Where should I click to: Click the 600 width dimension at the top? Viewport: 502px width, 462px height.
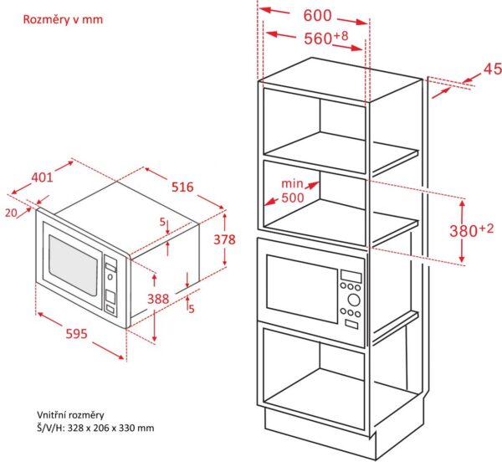(317, 15)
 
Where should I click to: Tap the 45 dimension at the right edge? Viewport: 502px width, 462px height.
(493, 69)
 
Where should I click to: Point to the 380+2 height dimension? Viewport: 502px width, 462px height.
(472, 230)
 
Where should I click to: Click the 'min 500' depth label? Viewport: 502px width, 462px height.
(293, 191)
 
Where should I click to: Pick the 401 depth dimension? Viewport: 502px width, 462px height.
(42, 177)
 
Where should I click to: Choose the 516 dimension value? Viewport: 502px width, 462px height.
(182, 187)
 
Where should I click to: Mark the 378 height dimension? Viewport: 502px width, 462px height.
(224, 239)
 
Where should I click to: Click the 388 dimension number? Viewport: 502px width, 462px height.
(158, 299)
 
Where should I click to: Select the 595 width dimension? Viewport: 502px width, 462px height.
(76, 334)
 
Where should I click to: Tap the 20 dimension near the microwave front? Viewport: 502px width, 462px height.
(11, 213)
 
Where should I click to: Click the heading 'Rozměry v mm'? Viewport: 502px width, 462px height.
(63, 19)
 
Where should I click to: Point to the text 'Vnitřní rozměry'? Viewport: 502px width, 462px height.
(70, 415)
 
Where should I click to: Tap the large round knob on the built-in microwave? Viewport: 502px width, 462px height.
(354, 300)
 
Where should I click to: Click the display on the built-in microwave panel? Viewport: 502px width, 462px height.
(351, 277)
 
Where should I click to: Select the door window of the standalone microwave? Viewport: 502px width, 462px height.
(73, 266)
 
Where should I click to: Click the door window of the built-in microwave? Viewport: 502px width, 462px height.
(302, 289)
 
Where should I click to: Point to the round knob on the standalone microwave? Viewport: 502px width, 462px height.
(110, 277)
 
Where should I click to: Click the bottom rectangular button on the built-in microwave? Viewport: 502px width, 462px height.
(351, 325)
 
